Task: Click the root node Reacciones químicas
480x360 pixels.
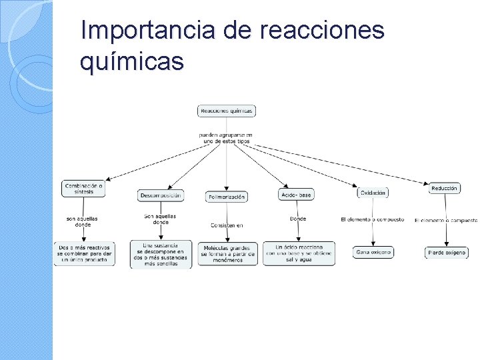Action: coord(227,111)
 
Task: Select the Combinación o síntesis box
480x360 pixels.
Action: coord(84,189)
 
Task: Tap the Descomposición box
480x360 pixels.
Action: coord(161,196)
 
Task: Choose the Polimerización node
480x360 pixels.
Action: coord(227,197)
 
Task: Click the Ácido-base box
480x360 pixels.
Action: coord(295,195)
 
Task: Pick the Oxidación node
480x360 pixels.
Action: coord(373,193)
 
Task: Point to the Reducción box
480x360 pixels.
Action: coord(445,189)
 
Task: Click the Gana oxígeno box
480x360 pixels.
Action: coord(373,252)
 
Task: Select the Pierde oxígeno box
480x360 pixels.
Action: coord(447,253)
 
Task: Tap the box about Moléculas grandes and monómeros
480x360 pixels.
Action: coord(227,253)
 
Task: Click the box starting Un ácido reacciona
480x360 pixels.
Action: coord(299,253)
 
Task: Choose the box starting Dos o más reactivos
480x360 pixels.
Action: coord(84,253)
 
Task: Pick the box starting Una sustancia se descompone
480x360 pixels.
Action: coord(161,254)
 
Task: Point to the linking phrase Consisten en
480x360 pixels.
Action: coord(227,225)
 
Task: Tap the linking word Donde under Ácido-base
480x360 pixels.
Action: coord(298,219)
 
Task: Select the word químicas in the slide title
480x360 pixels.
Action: coord(131,61)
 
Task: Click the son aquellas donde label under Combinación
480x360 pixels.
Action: coord(83,221)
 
